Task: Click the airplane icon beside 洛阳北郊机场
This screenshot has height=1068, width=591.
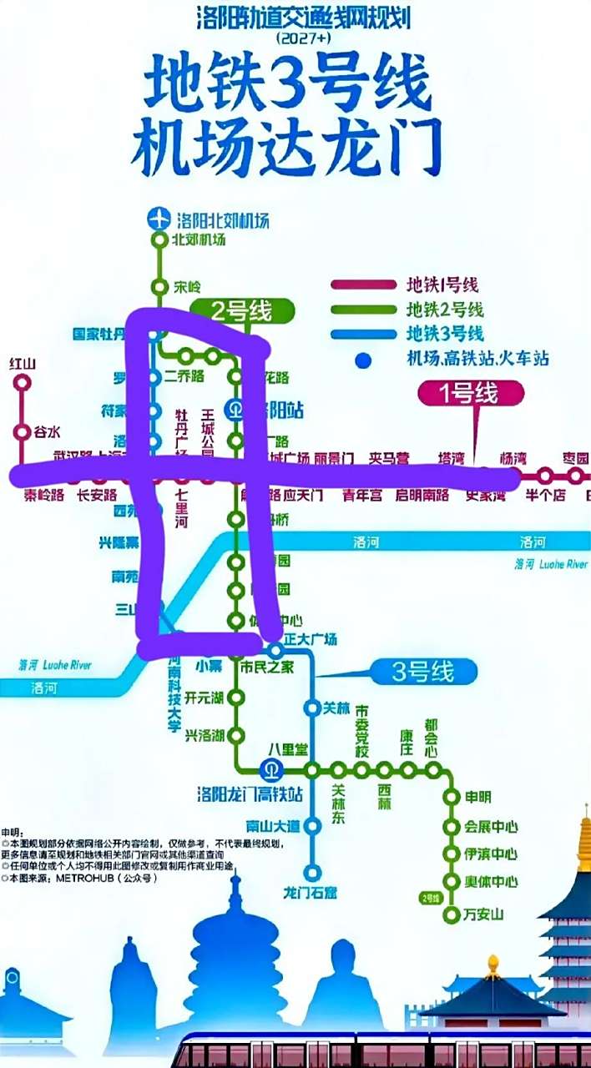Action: tap(158, 219)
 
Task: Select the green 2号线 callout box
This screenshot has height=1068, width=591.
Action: tap(241, 312)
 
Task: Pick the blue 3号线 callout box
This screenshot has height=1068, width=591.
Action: tap(422, 671)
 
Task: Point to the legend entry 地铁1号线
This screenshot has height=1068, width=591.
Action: tap(445, 285)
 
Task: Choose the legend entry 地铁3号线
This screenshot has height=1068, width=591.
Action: tap(445, 335)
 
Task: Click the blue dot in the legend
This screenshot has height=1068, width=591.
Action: tap(362, 360)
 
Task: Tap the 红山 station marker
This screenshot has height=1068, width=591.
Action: tap(23, 383)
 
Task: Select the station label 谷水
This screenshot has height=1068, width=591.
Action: tap(47, 432)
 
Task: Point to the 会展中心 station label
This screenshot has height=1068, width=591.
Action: tap(491, 827)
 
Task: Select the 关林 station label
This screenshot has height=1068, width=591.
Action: tap(336, 708)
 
